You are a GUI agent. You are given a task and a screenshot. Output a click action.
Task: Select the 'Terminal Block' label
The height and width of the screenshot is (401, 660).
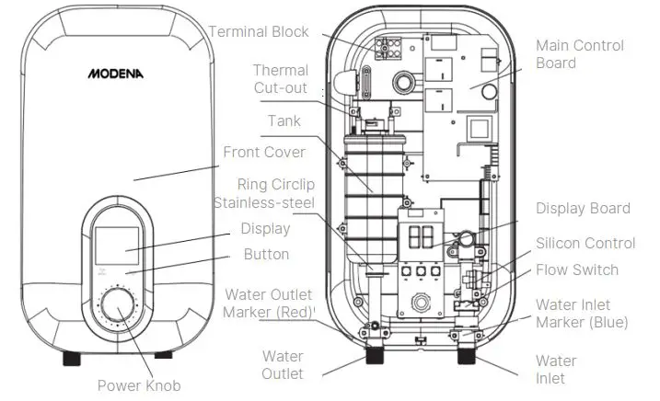259,32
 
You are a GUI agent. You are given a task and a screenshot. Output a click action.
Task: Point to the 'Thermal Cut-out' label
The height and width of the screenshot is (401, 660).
280,79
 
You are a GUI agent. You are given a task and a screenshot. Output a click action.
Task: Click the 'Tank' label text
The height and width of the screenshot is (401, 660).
284,120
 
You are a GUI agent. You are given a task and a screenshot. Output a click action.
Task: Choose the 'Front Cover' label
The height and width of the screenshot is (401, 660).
264,152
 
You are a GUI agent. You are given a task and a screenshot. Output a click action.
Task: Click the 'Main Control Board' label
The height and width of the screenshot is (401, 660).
580,54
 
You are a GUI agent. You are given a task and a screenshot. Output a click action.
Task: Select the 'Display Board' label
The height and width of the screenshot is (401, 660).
583,209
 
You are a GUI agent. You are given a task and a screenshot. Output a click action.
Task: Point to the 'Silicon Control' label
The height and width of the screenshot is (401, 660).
585,244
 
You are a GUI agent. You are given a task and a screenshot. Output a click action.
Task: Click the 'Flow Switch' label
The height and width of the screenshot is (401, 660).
577,270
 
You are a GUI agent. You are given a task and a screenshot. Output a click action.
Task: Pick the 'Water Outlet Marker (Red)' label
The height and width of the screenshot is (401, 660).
267,304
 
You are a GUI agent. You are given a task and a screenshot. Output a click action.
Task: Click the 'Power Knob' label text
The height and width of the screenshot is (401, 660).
139,385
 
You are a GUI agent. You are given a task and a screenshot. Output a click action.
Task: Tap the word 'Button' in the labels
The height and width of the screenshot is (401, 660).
266,254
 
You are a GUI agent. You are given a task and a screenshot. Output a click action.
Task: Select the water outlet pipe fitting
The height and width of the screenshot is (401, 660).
376,354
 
